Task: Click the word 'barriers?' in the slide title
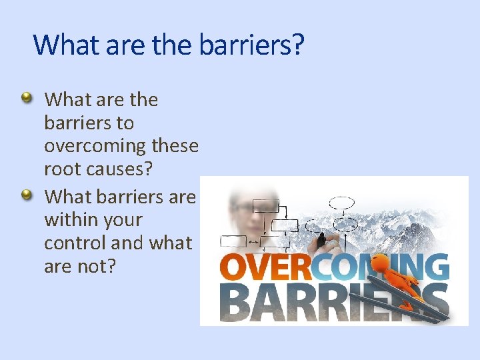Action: [252, 45]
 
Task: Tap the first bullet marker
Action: [27, 99]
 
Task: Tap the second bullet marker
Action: [27, 195]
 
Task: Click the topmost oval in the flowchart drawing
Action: [343, 202]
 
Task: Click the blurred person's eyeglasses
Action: [243, 207]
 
